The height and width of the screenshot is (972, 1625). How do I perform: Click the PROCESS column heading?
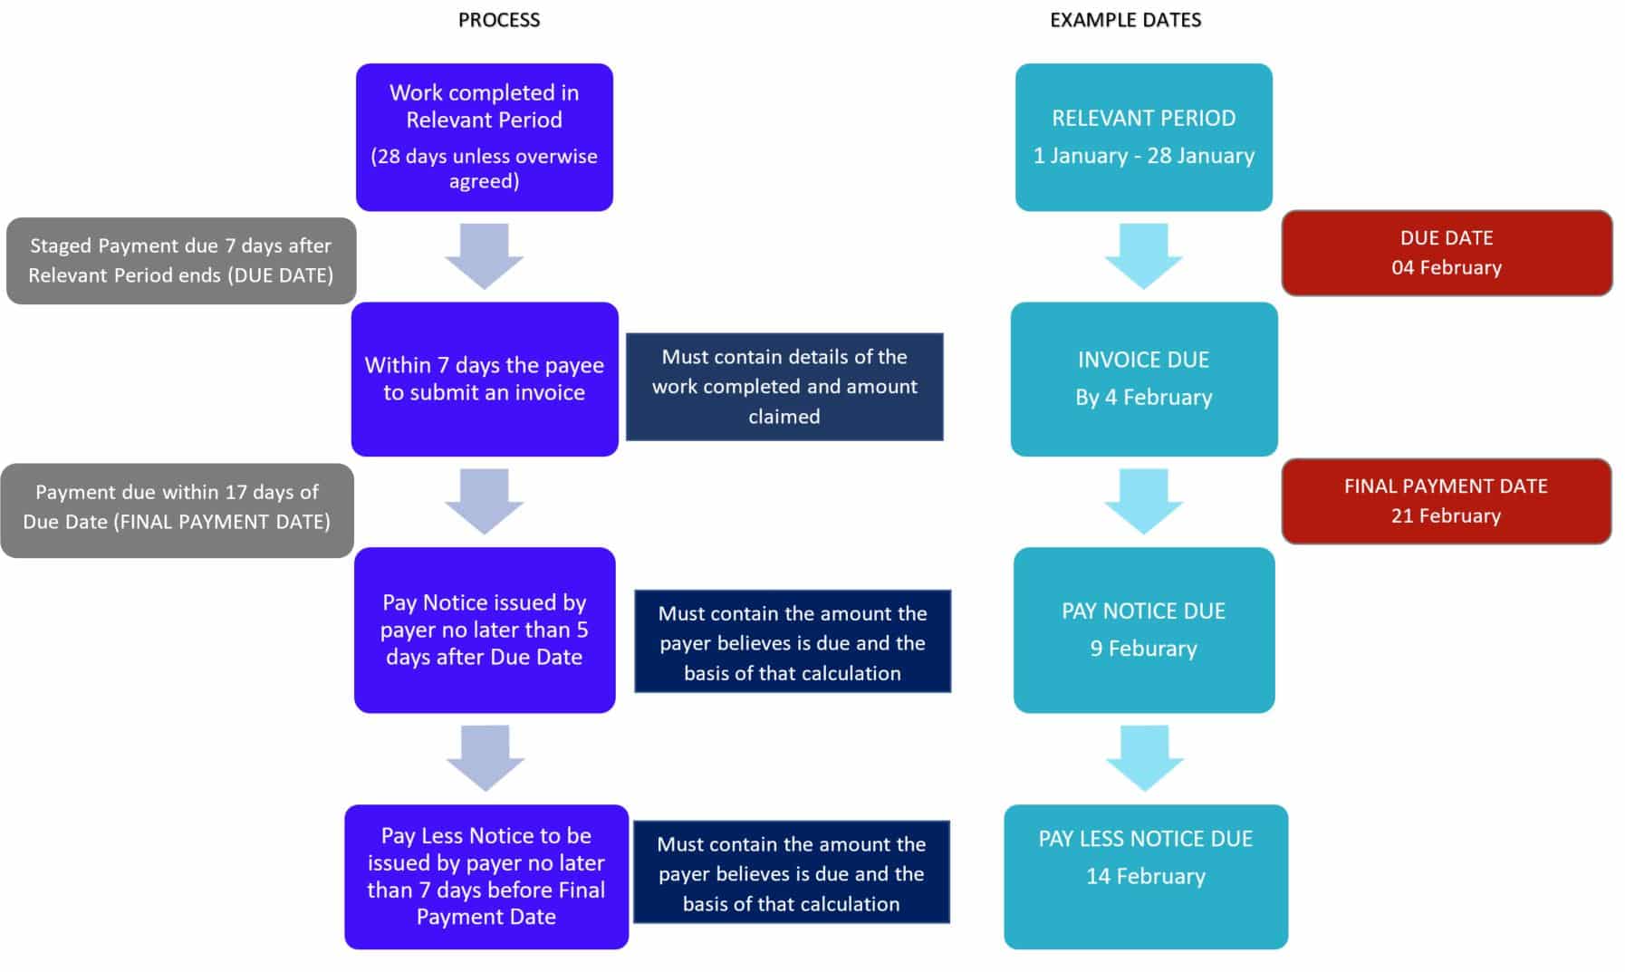[498, 20]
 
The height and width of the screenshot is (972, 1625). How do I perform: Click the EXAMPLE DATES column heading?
[1125, 20]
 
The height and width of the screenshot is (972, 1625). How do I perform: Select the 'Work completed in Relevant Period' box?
[484, 137]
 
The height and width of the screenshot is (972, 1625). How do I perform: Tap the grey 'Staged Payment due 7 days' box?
[180, 261]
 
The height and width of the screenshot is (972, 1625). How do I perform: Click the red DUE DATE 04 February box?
[1446, 253]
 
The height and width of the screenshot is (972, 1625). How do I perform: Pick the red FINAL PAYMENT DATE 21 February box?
[1446, 501]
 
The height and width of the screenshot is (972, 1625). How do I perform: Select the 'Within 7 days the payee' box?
[484, 379]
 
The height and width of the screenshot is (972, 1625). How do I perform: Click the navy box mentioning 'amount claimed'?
[784, 387]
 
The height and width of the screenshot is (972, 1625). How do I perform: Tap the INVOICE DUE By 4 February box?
[1143, 379]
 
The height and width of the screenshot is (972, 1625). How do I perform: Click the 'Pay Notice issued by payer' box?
[484, 630]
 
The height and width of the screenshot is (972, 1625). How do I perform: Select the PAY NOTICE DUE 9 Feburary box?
[1143, 630]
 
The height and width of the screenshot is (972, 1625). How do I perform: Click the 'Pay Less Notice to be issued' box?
[486, 876]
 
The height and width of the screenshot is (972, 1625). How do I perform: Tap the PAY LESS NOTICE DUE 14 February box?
[1145, 876]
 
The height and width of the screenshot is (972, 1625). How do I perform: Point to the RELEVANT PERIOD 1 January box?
[1143, 137]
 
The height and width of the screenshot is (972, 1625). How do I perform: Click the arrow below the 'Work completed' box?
[484, 255]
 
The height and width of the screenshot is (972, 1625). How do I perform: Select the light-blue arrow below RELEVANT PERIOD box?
[1143, 255]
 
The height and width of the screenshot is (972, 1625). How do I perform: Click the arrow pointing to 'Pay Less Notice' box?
[486, 757]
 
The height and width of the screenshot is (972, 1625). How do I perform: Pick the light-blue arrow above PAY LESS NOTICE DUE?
[1145, 757]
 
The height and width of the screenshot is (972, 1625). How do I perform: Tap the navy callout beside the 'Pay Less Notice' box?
[791, 872]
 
